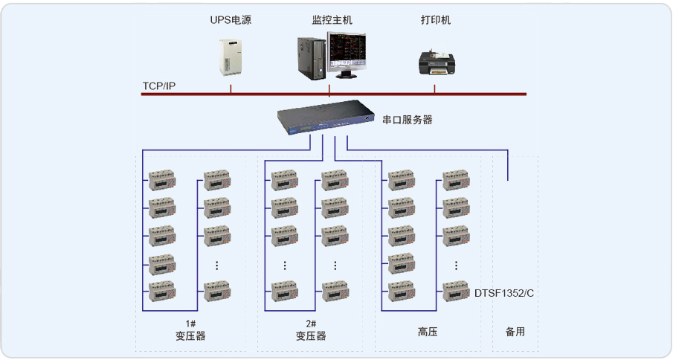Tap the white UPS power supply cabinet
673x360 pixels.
pyautogui.click(x=231, y=56)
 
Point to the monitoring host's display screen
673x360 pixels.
pyautogui.click(x=348, y=52)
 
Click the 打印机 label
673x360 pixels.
pyautogui.click(x=435, y=20)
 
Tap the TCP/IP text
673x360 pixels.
pyautogui.click(x=159, y=86)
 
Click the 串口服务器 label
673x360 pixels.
pyautogui.click(x=407, y=120)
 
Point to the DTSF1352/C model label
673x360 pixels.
pyautogui.click(x=504, y=293)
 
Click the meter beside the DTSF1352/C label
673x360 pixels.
pyautogui.click(x=457, y=291)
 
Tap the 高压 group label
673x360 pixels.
pyautogui.click(x=428, y=332)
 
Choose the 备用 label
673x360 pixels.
pyautogui.click(x=515, y=332)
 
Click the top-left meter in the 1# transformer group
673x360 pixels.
pyautogui.click(x=161, y=179)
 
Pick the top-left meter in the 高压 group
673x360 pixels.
pyautogui.click(x=401, y=179)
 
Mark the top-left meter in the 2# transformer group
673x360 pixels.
pyautogui.click(x=284, y=179)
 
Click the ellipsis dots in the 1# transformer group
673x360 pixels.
pyautogui.click(x=216, y=265)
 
